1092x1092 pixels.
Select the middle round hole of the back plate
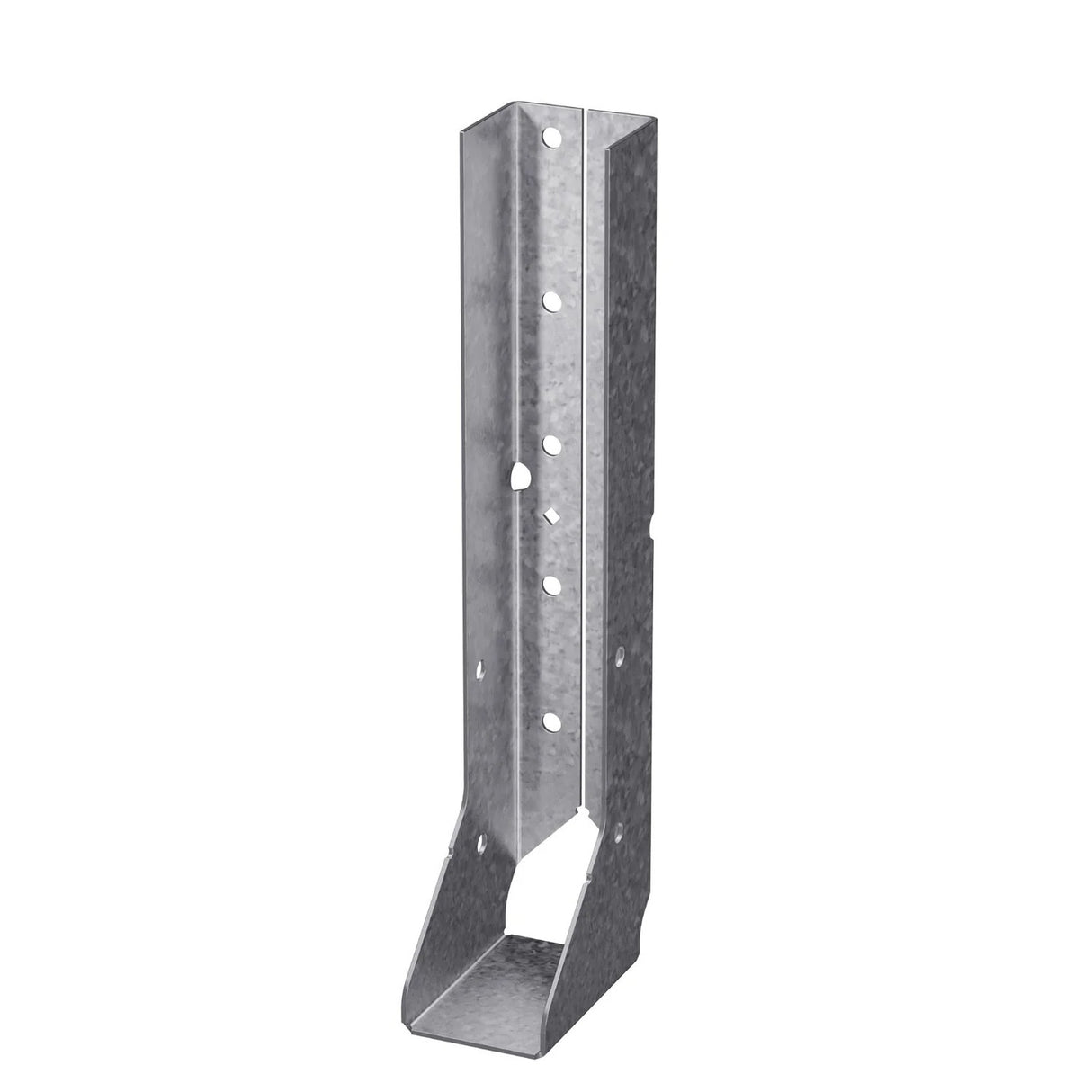(550, 443)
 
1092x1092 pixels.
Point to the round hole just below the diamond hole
(550, 585)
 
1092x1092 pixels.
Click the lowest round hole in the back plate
(550, 720)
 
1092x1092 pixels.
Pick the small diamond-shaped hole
(550, 515)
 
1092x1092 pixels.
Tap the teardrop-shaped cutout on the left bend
(518, 477)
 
